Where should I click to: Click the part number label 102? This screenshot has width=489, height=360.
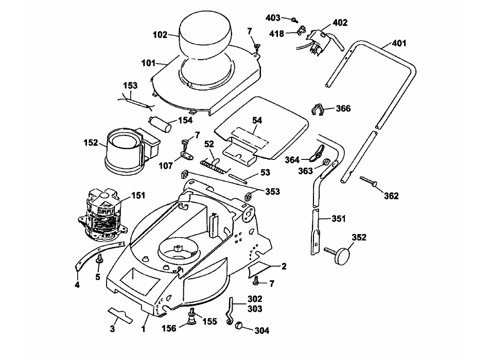(160, 34)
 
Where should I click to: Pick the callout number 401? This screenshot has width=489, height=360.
(399, 43)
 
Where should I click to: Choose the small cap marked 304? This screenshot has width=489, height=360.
(239, 325)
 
